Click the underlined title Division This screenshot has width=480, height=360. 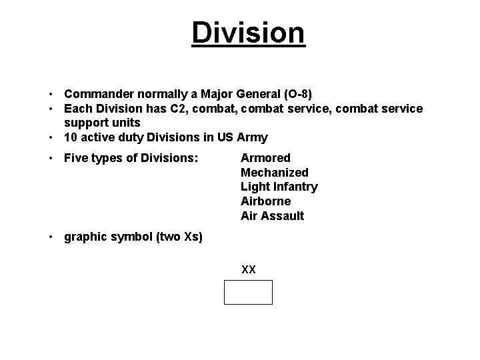(x=248, y=33)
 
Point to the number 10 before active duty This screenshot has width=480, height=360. (x=71, y=137)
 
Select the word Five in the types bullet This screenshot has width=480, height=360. (x=76, y=158)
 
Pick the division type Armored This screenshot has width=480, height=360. (x=265, y=158)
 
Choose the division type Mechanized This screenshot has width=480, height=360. (x=274, y=173)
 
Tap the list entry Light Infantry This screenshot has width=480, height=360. (x=279, y=187)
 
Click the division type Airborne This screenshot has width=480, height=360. (x=265, y=201)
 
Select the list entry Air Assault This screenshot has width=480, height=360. (x=272, y=216)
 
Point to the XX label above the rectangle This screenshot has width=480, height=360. (x=249, y=270)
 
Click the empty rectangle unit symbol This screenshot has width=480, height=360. (x=248, y=292)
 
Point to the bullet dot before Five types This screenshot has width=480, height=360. (x=52, y=158)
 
